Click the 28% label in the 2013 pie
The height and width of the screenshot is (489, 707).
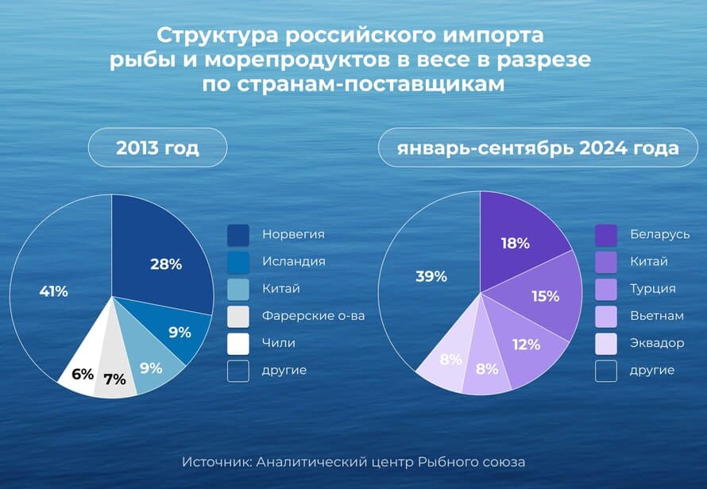click(x=166, y=264)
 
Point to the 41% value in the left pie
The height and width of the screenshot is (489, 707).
click(x=54, y=291)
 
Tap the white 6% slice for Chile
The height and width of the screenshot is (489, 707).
click(x=78, y=376)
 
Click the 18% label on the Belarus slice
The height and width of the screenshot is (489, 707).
click(x=516, y=244)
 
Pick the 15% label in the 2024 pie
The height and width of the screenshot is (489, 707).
click(x=546, y=296)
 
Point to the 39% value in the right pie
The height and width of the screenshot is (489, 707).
click(x=431, y=276)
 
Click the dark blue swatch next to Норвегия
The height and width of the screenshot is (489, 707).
click(x=238, y=235)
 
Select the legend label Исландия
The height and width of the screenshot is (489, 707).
click(x=294, y=262)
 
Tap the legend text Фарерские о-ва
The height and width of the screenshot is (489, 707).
click(x=313, y=316)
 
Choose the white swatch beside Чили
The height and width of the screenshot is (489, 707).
click(x=238, y=344)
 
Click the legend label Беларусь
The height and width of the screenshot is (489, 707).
click(x=659, y=234)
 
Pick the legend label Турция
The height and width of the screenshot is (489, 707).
click(x=652, y=289)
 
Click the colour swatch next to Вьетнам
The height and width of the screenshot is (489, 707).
click(x=606, y=317)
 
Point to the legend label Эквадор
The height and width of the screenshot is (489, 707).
click(x=657, y=343)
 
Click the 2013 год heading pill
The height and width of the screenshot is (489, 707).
click(x=157, y=148)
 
